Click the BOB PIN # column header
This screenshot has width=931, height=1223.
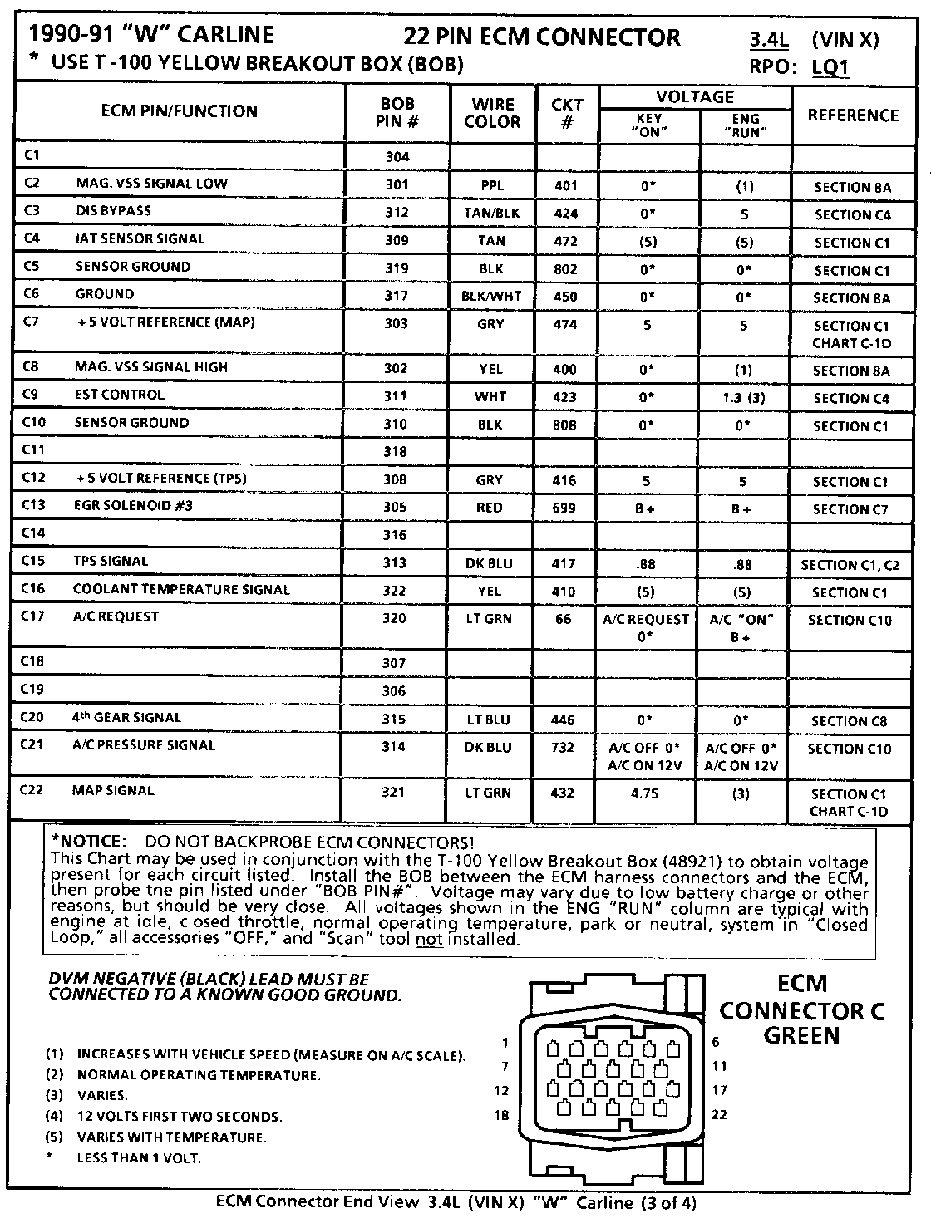(397, 112)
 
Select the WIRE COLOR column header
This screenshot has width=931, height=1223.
(492, 113)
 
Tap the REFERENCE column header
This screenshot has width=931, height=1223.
(853, 115)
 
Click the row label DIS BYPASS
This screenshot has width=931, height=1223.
(113, 211)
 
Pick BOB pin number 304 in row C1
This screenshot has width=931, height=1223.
(397, 156)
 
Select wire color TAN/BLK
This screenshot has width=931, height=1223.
(491, 213)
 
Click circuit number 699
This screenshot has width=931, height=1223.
(564, 508)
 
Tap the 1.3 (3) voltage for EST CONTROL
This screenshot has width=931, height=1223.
(743, 397)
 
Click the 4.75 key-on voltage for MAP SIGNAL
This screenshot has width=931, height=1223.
(644, 793)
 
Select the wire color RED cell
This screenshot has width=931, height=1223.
(490, 508)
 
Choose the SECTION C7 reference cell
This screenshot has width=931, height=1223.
(850, 509)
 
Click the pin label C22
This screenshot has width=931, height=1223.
(32, 790)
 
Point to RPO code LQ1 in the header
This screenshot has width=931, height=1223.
(831, 67)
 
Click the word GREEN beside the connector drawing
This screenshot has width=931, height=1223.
(801, 1035)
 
